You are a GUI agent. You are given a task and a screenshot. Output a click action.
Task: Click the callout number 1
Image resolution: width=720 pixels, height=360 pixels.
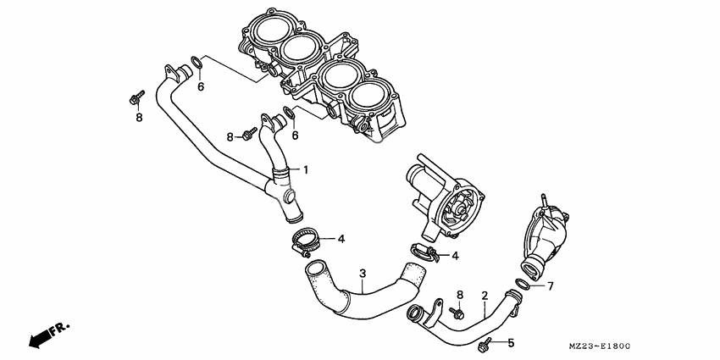click(x=307, y=169)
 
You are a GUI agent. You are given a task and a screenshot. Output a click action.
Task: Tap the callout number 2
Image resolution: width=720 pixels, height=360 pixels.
click(x=485, y=296)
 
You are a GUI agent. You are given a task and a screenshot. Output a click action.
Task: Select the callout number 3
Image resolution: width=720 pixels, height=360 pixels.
click(x=363, y=274)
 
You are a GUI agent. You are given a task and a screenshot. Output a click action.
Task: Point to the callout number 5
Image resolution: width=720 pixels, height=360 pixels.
click(x=511, y=343)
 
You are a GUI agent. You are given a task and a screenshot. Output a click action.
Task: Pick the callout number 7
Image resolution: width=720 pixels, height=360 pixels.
click(x=550, y=286)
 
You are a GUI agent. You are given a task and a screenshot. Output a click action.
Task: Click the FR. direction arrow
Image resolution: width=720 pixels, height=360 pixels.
click(x=47, y=333)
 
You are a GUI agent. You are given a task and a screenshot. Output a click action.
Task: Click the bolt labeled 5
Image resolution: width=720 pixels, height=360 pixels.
click(x=485, y=344)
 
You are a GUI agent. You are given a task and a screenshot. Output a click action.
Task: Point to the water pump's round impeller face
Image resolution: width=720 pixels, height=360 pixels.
click(x=462, y=207)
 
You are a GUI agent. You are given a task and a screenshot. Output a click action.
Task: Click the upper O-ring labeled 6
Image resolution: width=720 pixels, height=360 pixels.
click(x=196, y=64)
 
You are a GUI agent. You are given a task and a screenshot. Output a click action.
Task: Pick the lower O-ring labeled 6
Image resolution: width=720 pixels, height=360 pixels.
click(x=290, y=115)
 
